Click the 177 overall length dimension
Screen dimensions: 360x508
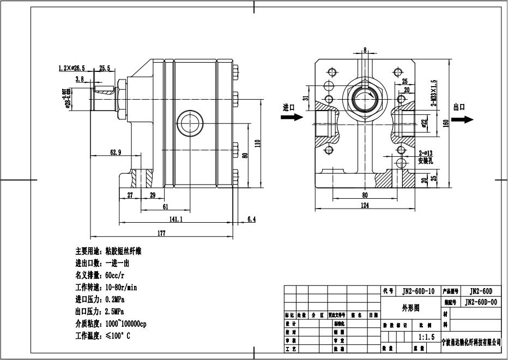pyautogui.click(x=162, y=234)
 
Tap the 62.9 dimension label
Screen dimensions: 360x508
pyautogui.click(x=116, y=152)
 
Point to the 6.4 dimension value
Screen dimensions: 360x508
pyautogui.click(x=251, y=219)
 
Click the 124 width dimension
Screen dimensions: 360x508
pyautogui.click(x=365, y=205)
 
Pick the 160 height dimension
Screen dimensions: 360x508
pyautogui.click(x=445, y=123)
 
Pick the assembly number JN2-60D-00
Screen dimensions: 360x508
pyautogui.click(x=480, y=302)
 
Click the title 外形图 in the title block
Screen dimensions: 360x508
pyautogui.click(x=410, y=307)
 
